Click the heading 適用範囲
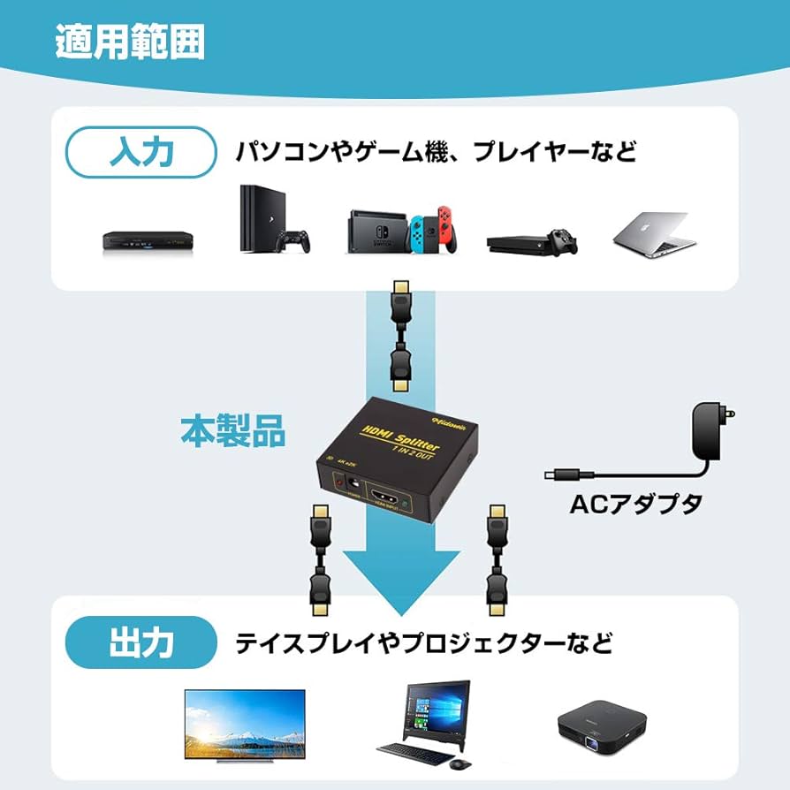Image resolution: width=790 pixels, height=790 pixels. (130, 41)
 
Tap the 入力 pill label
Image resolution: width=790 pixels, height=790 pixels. (141, 153)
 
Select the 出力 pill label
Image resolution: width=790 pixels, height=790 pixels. (141, 642)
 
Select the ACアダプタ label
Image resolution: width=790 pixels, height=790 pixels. (635, 504)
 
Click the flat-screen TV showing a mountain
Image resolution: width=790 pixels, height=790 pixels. (244, 723)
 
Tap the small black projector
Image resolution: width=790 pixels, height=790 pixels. (601, 728)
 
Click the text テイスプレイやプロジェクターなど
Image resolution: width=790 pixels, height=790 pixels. (423, 642)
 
